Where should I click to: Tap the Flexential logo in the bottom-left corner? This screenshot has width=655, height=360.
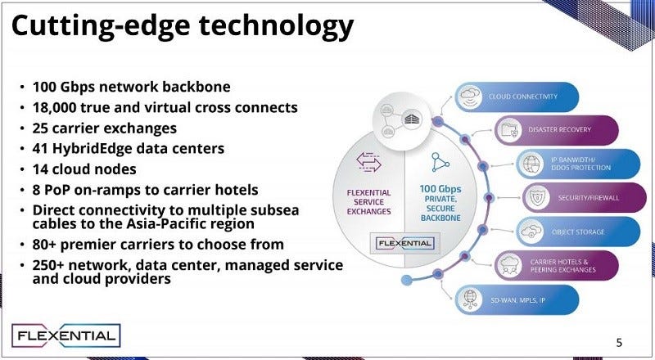pos(66,335)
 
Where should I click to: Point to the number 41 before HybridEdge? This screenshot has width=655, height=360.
pos(42,149)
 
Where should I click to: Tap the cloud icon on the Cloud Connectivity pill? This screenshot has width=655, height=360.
pos(470,96)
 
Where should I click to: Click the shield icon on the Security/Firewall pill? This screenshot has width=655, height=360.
pos(539,196)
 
